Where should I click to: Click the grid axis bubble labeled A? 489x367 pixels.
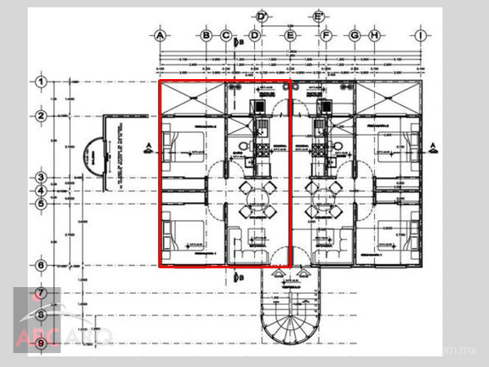click(x=161, y=36)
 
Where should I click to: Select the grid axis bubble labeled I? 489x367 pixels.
click(x=421, y=36)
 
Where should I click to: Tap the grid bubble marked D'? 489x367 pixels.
click(x=262, y=17)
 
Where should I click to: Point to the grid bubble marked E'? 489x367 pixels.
click(x=319, y=17)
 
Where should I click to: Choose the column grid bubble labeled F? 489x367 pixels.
click(x=326, y=36)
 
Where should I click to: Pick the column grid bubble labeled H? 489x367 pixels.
click(x=374, y=36)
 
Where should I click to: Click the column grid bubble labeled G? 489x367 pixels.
click(x=355, y=36)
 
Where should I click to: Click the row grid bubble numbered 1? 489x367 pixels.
click(x=39, y=82)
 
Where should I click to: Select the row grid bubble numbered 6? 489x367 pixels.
click(x=39, y=265)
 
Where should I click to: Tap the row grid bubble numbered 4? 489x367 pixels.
click(x=39, y=191)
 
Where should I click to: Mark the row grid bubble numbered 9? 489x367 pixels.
click(x=39, y=344)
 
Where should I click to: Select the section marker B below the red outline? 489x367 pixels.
click(x=237, y=278)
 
